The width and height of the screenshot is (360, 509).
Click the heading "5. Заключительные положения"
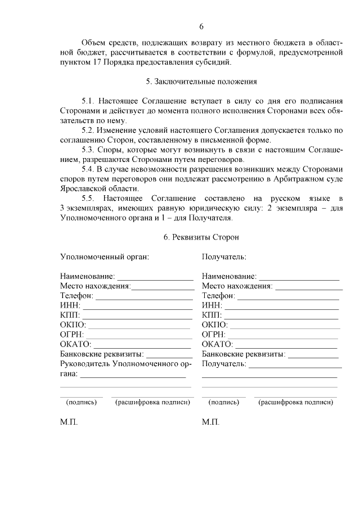201,81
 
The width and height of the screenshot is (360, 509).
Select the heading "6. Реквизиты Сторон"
201,237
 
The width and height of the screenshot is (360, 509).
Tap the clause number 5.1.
90,101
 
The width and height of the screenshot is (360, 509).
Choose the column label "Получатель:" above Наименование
224,257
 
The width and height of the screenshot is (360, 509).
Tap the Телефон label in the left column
76,296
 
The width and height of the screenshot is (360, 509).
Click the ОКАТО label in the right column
217,344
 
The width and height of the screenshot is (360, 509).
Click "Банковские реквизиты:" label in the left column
101,354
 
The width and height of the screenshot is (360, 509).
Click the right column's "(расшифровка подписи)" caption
296,403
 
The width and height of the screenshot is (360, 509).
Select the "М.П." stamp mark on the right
210,422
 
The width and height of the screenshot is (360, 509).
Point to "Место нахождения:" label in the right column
237,286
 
